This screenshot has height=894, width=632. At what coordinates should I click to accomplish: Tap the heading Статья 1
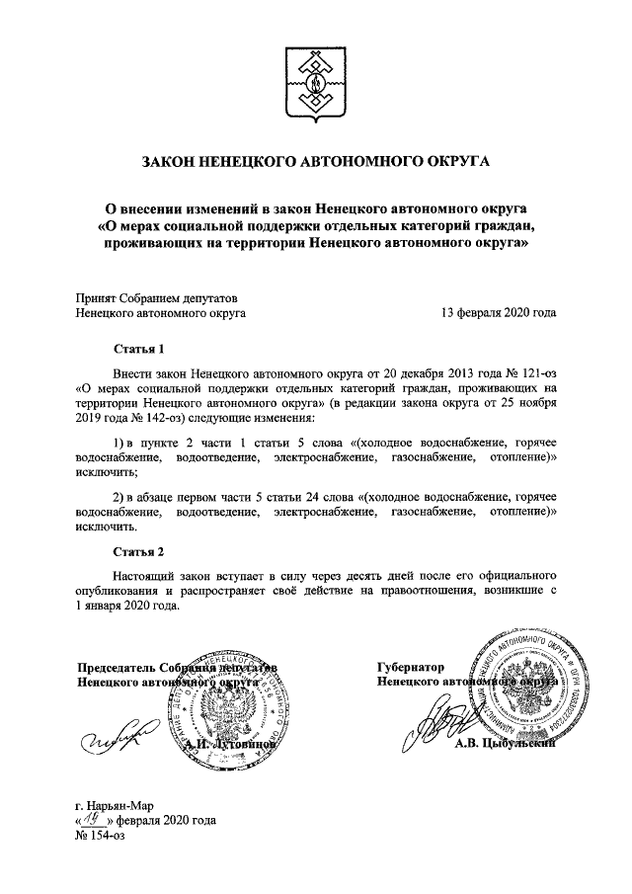coord(137,349)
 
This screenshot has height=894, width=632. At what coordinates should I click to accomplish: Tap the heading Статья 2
coord(137,549)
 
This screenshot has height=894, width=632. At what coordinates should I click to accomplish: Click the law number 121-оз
coord(531,375)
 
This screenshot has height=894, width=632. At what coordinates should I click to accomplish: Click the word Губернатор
coord(411,667)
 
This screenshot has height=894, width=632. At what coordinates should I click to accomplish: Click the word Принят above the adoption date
coord(97,297)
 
